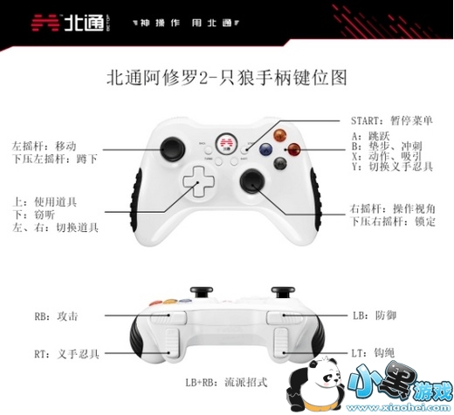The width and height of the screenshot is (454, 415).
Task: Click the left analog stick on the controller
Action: point(174,149)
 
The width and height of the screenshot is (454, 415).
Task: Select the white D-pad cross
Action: point(198,181)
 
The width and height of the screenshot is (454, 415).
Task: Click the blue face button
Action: point(266,150)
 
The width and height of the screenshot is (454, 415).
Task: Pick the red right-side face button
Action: point(293,149)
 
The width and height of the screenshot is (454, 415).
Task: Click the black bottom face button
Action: point(280,164)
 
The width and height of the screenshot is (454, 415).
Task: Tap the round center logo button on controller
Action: point(227,144)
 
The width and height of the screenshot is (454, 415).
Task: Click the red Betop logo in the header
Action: point(45,23)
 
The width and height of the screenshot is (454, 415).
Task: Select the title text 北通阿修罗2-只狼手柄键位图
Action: point(227,78)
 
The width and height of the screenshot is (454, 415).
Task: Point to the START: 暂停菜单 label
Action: point(392,120)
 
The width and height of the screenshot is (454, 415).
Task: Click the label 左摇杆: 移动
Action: point(45,146)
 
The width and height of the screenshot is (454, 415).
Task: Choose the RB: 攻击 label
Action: point(57,316)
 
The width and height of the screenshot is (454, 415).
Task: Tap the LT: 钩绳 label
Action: point(374,353)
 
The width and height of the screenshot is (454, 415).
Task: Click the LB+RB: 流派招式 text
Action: point(226,382)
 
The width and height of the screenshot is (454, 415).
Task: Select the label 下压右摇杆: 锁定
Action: point(393,221)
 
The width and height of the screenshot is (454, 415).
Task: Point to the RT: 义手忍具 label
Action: point(67,354)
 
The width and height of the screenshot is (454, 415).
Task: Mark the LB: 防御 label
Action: point(375,316)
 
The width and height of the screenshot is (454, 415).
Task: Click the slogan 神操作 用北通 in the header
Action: point(186,23)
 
